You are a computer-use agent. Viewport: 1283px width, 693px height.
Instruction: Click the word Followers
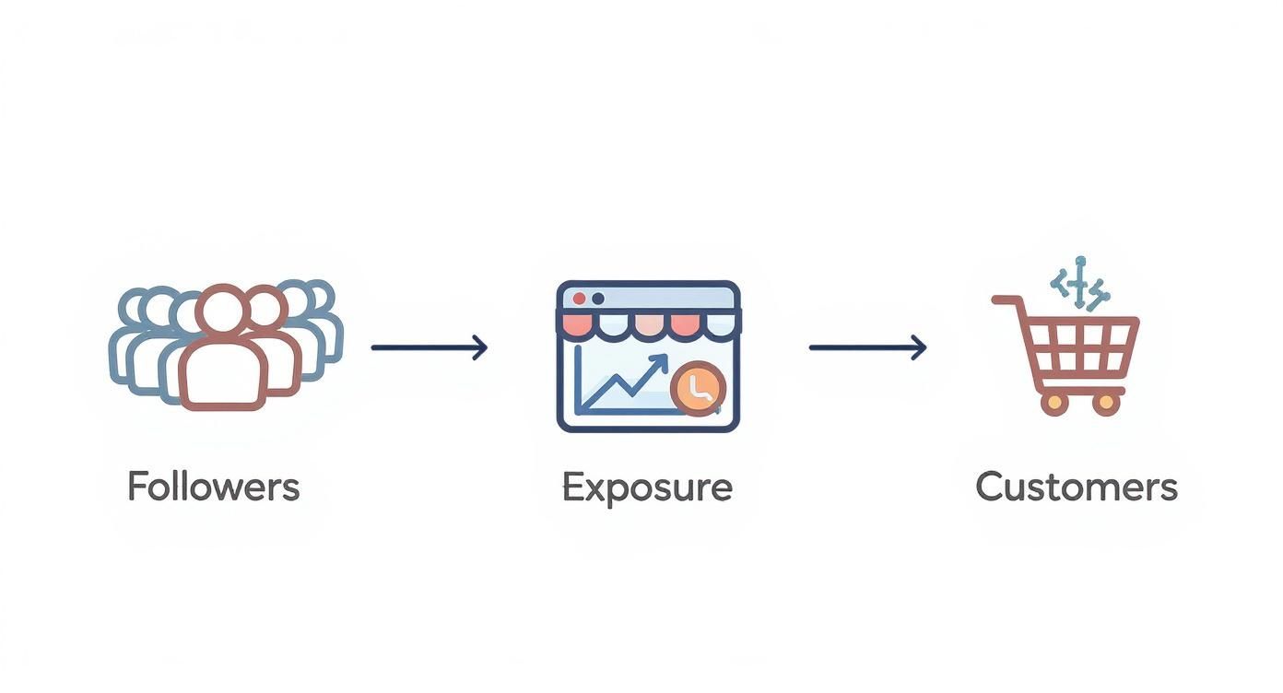(214, 487)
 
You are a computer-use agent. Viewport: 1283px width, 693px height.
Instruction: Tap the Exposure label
(648, 488)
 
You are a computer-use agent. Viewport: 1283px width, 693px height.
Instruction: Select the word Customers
(1077, 487)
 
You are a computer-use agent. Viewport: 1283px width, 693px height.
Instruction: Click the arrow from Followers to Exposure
(430, 347)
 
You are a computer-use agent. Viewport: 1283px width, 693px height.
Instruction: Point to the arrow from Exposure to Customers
(867, 347)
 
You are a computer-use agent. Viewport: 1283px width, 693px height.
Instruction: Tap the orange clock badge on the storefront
(699, 389)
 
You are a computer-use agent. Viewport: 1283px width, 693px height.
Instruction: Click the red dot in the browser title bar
(579, 299)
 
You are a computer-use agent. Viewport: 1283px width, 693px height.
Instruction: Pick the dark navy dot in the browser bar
(598, 299)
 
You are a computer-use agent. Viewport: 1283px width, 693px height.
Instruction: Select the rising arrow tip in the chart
(664, 358)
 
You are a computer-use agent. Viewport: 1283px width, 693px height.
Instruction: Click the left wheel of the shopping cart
(1053, 404)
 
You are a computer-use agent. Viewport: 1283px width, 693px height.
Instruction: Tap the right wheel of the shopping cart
(1106, 404)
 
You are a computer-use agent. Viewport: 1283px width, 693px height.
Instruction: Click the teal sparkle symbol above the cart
(1080, 284)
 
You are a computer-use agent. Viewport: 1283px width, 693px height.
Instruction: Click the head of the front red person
(223, 310)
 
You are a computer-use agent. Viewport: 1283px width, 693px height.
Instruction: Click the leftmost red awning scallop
(578, 325)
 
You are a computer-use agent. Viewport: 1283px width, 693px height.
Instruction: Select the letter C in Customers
(990, 487)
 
